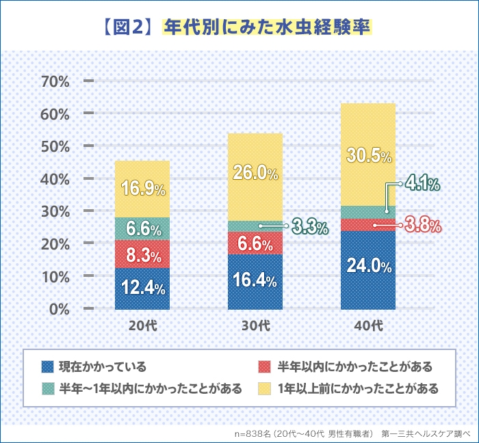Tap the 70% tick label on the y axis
pos(56,81)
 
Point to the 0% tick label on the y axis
pos(60,308)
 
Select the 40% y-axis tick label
pos(56,178)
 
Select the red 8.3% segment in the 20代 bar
pos(142,256)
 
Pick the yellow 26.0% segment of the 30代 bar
pos(255,174)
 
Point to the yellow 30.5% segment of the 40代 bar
pos(368,155)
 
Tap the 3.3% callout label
pos(310,226)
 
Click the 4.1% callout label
pos(422,183)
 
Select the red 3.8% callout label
pos(422,224)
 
